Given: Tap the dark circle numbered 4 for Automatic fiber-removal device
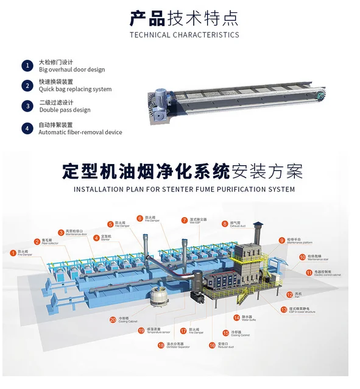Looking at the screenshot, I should [x=27, y=128].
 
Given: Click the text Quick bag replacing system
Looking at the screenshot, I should [x=75, y=89].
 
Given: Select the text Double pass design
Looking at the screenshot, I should [x=65, y=110].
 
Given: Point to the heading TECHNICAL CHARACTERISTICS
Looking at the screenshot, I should [x=185, y=35].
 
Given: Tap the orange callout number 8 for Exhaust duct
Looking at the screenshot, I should [x=224, y=223].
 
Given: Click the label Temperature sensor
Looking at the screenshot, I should [x=158, y=334].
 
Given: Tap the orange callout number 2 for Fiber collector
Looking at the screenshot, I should [x=37, y=241].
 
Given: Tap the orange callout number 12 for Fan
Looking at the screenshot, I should [x=289, y=294].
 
